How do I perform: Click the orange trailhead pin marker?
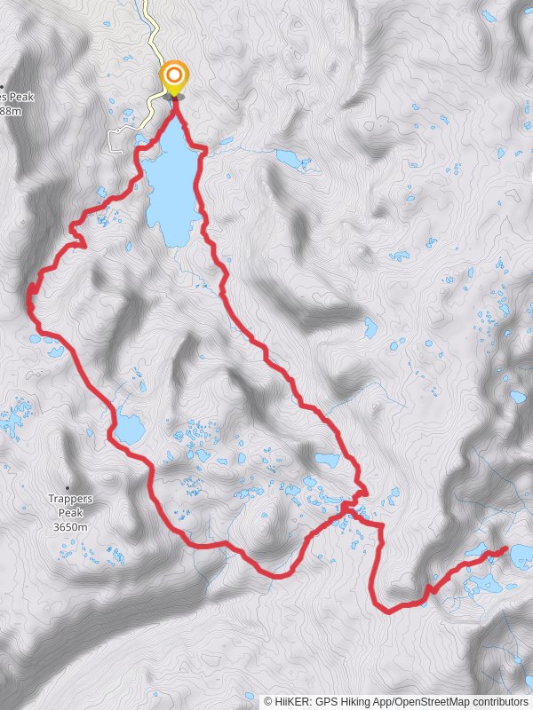[173, 76]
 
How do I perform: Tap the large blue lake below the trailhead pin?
[171, 186]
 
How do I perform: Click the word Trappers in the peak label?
[70, 499]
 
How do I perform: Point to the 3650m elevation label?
[70, 526]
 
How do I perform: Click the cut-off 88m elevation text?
[10, 111]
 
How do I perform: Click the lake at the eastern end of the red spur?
[521, 556]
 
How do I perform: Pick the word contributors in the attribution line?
[501, 701]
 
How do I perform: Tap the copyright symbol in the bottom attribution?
[268, 701]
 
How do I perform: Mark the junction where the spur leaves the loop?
[346, 507]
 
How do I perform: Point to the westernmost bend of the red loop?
[29, 297]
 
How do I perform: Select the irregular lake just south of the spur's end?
[484, 583]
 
